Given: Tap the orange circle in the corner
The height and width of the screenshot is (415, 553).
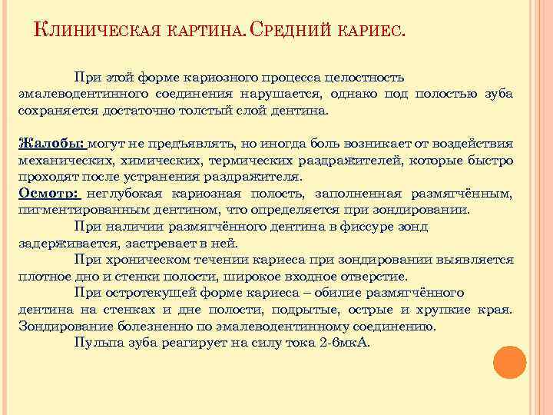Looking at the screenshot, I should pyautogui.click(x=509, y=363).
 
